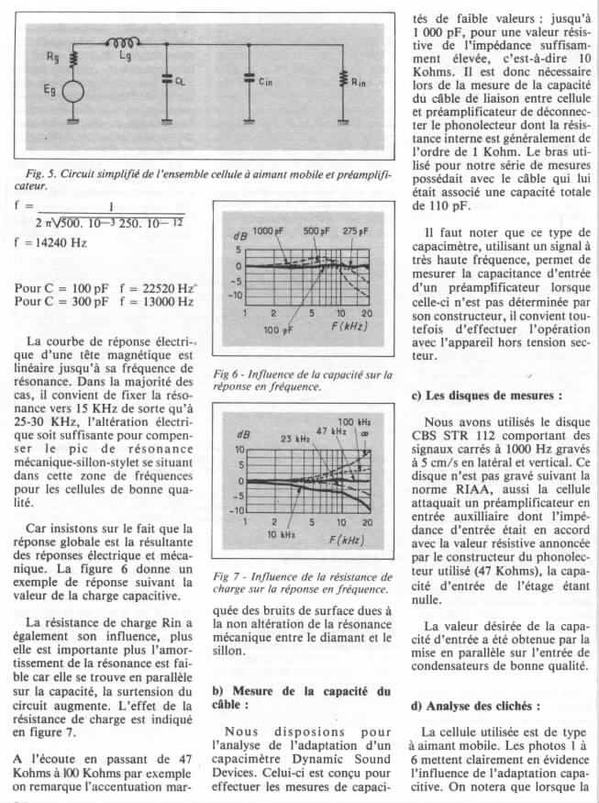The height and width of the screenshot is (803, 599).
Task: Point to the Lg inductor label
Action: point(126,57)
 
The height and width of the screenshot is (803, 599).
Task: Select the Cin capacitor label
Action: point(265,82)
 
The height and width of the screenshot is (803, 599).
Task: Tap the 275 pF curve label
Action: point(355,230)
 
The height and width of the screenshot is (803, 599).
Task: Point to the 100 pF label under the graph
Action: point(277,328)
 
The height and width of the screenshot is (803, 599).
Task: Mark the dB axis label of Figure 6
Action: point(241,238)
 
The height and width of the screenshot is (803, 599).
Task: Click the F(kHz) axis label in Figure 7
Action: point(346,540)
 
